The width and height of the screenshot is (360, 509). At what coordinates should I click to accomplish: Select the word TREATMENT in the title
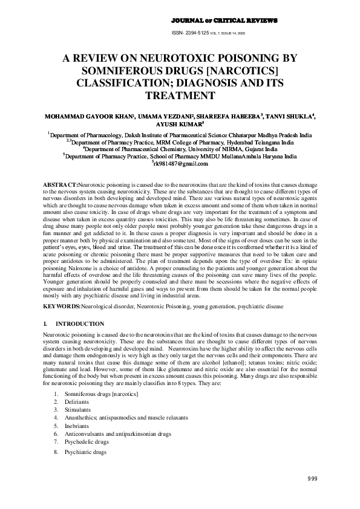pos(180,96)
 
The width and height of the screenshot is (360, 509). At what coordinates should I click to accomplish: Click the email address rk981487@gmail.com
pos(180,163)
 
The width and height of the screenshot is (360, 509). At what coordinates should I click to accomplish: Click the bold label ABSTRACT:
pos(61,183)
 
